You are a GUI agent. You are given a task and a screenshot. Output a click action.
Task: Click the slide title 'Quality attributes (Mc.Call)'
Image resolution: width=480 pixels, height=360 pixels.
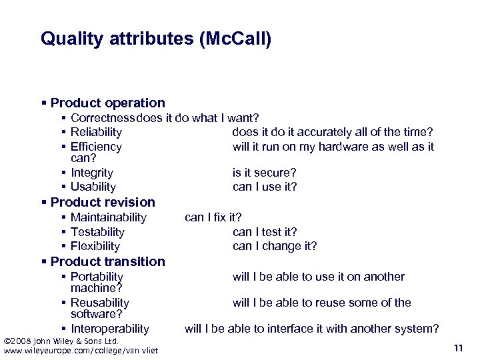click(x=156, y=39)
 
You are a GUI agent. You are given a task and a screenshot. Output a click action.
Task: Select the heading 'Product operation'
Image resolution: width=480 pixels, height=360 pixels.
click(x=107, y=103)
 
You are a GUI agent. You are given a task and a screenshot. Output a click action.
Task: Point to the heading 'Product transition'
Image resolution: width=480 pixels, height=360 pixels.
click(x=107, y=261)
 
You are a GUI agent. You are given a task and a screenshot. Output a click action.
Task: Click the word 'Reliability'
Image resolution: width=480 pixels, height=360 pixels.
click(x=96, y=132)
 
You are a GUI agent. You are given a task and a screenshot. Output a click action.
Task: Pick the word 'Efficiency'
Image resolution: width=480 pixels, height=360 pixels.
click(x=96, y=147)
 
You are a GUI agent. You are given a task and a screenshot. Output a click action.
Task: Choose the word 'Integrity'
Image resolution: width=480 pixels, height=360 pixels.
click(x=92, y=173)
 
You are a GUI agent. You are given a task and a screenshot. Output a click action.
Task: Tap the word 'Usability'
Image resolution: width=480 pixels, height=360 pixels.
click(x=93, y=187)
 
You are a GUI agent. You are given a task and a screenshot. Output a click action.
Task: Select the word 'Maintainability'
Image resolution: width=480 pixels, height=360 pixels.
click(x=108, y=217)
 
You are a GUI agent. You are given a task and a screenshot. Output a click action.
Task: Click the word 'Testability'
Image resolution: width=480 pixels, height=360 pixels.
click(x=97, y=232)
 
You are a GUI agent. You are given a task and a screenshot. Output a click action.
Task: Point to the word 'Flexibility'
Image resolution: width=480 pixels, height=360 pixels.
click(x=95, y=246)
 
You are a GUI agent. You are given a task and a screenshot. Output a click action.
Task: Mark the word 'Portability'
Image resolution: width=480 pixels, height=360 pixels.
click(x=97, y=277)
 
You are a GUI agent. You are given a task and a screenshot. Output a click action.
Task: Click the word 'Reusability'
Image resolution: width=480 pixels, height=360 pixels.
click(x=100, y=303)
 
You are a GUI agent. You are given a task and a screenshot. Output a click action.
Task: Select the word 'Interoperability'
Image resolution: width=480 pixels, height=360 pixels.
click(x=110, y=329)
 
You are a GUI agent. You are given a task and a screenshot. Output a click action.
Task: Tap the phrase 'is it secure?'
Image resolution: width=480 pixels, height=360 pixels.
click(x=264, y=173)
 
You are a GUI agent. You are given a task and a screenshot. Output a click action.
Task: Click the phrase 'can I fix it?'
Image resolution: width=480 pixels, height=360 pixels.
click(x=213, y=217)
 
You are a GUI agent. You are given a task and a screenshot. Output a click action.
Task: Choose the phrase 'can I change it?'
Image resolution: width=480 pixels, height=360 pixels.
click(x=275, y=246)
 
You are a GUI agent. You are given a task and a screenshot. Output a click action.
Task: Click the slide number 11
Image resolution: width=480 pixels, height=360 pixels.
click(x=457, y=348)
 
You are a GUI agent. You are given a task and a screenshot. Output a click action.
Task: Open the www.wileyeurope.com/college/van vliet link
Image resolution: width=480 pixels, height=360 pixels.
click(x=81, y=351)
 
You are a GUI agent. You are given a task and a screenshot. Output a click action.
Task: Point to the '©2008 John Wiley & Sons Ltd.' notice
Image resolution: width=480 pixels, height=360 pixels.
click(x=61, y=341)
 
